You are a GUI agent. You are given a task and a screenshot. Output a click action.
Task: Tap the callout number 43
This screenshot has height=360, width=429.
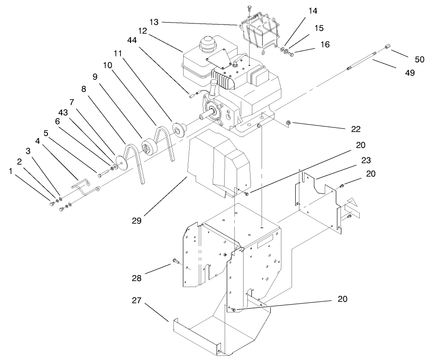[65, 112]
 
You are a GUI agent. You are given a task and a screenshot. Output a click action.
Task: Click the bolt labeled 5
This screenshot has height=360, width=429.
[102, 174]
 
